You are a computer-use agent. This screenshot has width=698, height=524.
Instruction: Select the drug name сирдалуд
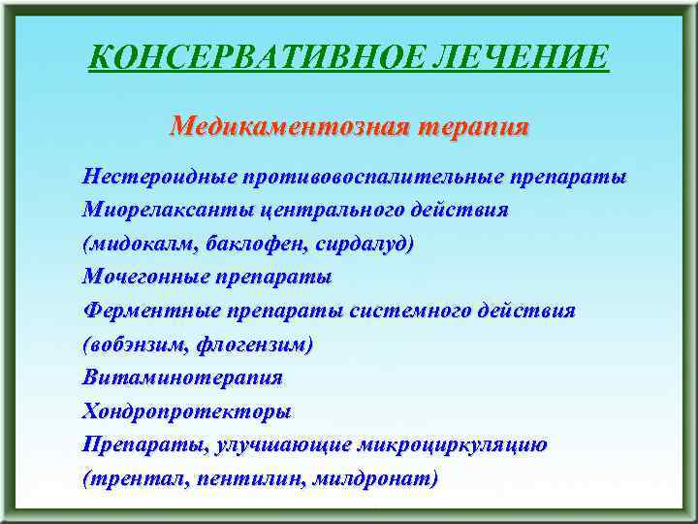365,245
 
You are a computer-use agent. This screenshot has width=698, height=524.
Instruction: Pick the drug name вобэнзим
135,344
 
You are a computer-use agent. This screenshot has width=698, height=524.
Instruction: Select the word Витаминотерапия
183,377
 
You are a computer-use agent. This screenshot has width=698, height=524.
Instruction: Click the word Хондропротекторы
186,411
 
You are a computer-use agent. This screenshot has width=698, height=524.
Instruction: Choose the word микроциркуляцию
453,445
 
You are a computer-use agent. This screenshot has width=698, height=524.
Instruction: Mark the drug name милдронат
382,479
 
